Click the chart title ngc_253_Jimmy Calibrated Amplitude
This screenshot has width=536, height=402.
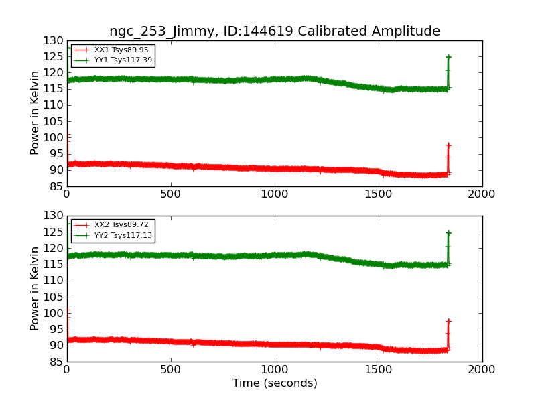(x=275, y=31)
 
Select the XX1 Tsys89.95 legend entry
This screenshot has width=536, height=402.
(x=121, y=50)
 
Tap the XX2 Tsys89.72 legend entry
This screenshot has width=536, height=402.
(x=121, y=225)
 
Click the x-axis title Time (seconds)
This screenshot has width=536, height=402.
(x=275, y=383)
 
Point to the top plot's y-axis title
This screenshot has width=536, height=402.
(x=36, y=113)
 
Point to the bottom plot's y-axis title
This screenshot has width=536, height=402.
(x=36, y=289)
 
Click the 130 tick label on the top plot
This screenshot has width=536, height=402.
(x=54, y=41)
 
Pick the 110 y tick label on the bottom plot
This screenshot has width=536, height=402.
(x=54, y=281)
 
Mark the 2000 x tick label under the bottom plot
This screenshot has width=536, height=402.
(x=482, y=369)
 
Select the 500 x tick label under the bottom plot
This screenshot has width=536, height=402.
(x=171, y=369)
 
